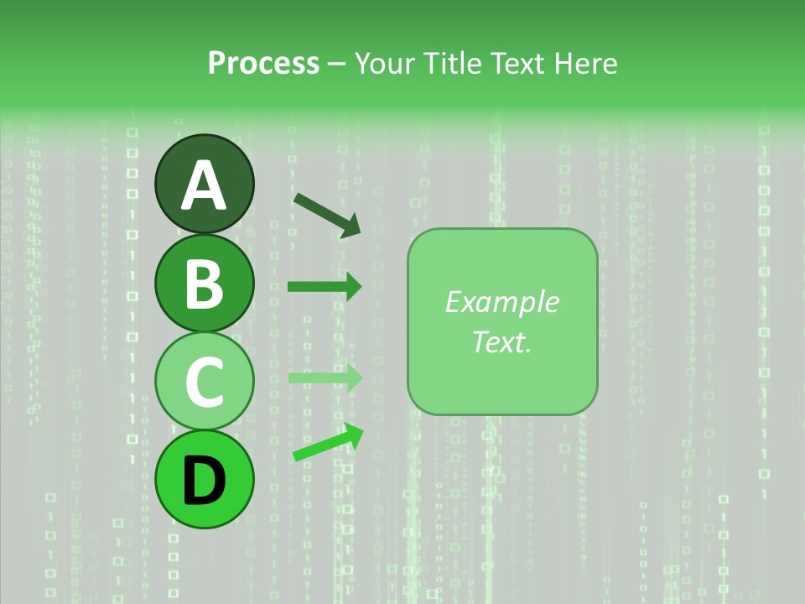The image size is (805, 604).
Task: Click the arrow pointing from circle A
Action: point(326,214)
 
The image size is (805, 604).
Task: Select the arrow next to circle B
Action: point(324,287)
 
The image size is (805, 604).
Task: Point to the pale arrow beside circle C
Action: point(324,378)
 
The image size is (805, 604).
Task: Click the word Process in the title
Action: point(263,64)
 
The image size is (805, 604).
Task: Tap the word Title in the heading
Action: point(444,64)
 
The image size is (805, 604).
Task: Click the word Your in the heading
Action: point(382,64)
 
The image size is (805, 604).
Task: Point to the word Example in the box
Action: point(501,302)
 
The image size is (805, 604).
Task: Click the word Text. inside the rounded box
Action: point(501,341)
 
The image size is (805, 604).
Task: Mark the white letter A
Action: point(204,185)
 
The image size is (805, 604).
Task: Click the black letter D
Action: point(204,481)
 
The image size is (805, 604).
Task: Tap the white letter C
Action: point(204,382)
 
